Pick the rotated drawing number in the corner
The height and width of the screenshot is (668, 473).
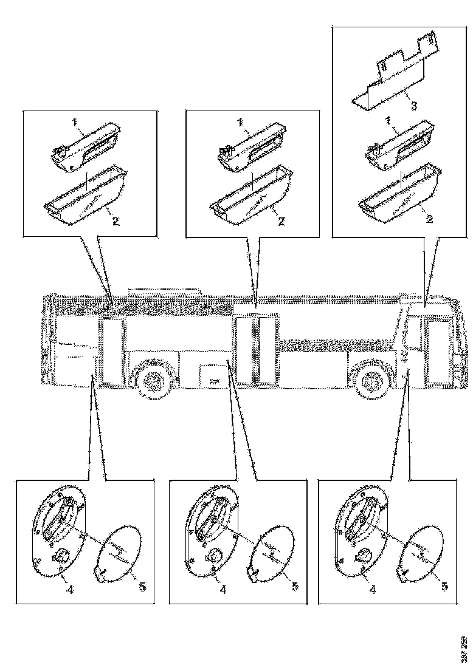465,648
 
